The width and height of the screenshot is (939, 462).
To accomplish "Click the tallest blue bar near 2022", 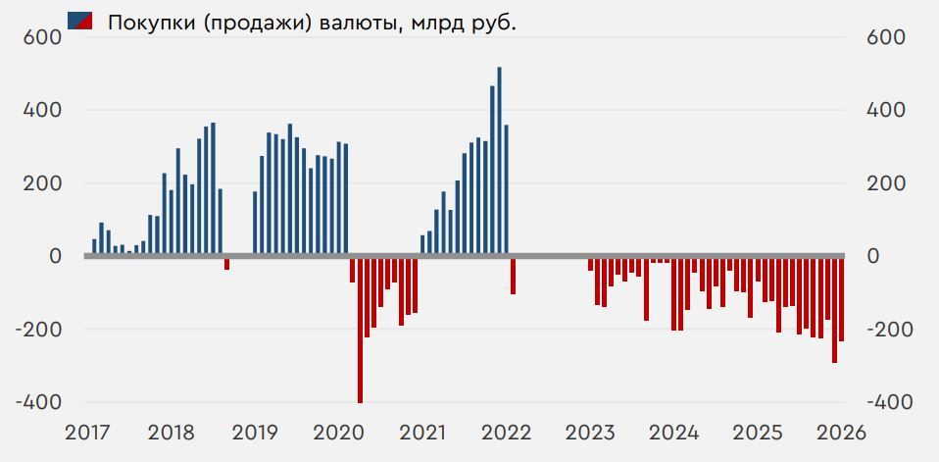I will [499, 162].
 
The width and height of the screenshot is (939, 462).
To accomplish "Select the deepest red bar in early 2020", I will [360, 330].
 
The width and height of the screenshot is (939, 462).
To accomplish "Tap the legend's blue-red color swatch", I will [79, 20].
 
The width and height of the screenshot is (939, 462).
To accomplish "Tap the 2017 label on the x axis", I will [88, 433].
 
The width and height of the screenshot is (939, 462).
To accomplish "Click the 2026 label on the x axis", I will [842, 433].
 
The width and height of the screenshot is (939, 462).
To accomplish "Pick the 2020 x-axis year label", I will [339, 433].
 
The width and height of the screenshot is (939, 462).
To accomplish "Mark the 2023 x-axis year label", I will [591, 433].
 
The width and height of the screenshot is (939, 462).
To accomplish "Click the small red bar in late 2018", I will [226, 263].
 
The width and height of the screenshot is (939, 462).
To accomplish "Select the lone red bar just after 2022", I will [513, 276].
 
